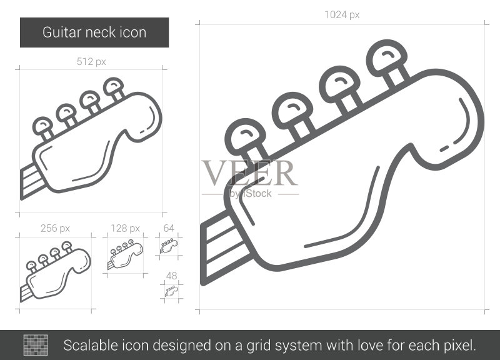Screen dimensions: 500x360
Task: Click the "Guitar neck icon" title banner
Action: point(94,32)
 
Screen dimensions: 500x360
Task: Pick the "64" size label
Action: point(169,228)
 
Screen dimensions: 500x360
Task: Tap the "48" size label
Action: point(171,276)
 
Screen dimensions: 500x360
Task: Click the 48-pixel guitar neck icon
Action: point(171,291)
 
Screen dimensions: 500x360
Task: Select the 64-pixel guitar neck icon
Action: point(169,246)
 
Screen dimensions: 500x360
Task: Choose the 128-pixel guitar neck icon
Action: point(125,256)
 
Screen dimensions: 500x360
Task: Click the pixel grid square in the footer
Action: point(36,345)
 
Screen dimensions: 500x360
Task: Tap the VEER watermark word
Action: point(249,173)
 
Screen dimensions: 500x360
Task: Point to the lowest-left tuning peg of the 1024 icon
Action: point(246,142)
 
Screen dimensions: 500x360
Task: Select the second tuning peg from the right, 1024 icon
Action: point(341,90)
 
